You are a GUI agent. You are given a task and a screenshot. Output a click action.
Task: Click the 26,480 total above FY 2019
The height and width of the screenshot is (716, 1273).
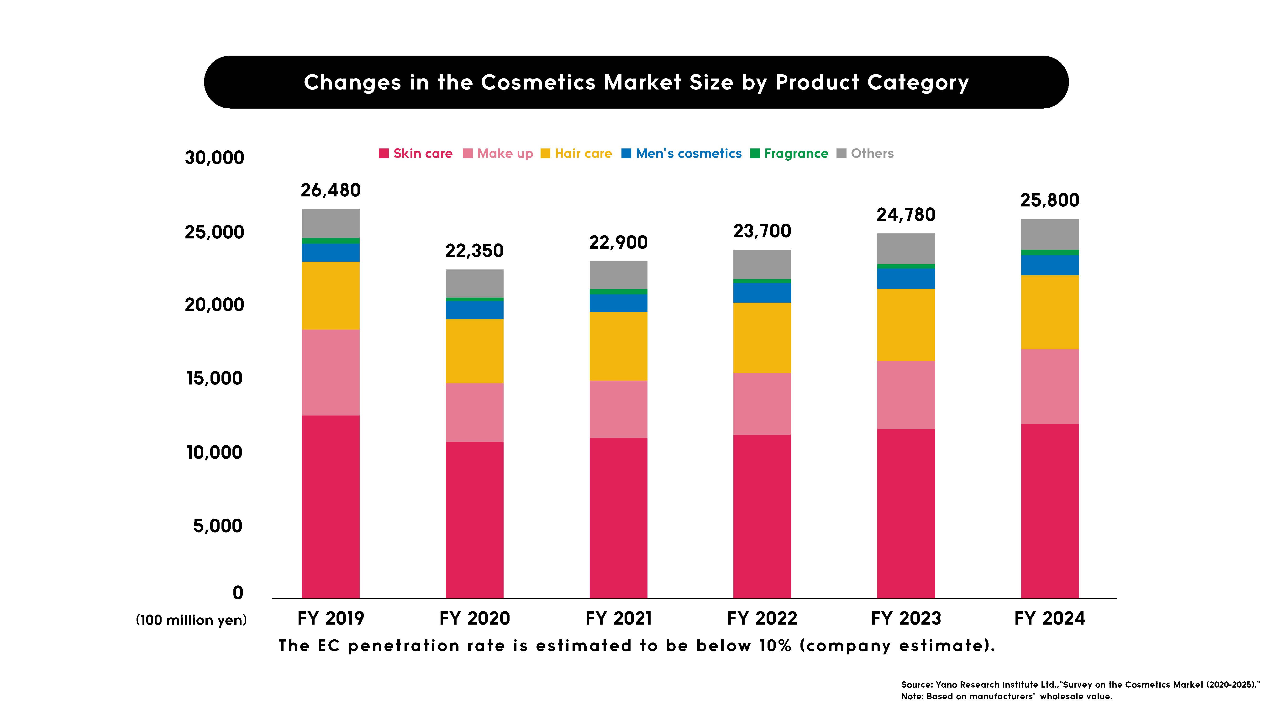[x=331, y=190]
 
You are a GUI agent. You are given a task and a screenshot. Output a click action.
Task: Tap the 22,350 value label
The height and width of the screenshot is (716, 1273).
[x=474, y=251]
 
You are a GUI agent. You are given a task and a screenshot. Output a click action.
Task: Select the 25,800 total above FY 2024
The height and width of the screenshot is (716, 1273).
[x=1050, y=200]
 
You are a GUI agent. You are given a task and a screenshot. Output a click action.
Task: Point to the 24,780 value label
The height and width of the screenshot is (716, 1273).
[x=906, y=215]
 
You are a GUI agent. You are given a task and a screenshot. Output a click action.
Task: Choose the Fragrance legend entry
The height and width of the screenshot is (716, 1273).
[x=789, y=154]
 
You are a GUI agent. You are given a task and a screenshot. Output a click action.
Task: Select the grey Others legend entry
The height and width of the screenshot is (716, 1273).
[x=865, y=154]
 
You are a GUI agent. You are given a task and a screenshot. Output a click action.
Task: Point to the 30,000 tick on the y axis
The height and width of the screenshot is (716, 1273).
[x=215, y=158]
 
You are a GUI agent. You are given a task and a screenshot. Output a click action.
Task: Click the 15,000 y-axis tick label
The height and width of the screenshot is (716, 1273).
[x=215, y=379]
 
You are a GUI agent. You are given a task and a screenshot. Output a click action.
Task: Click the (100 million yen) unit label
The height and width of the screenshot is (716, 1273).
[x=191, y=620]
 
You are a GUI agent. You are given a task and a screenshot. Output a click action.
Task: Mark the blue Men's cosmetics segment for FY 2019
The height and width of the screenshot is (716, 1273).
[x=331, y=253]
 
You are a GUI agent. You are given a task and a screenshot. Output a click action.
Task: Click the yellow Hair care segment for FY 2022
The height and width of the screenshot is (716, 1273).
[x=762, y=337]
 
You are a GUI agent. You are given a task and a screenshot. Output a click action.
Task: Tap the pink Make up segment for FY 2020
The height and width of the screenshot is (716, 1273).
[x=474, y=413]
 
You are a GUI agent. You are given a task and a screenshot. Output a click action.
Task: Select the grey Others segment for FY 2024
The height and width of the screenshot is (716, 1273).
[x=1050, y=234]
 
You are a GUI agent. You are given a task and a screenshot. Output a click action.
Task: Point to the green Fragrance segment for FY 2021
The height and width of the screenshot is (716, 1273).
[x=618, y=292]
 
